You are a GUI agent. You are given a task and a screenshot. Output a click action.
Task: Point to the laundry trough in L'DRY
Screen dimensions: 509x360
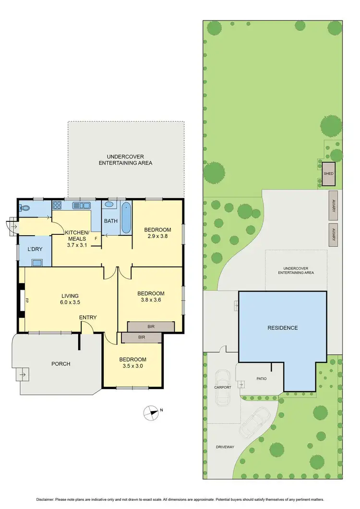pyautogui.click(x=36, y=262)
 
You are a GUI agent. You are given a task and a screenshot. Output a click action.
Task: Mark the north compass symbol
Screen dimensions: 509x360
pyautogui.click(x=151, y=411)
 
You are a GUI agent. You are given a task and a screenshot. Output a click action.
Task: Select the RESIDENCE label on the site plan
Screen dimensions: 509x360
pyautogui.click(x=283, y=328)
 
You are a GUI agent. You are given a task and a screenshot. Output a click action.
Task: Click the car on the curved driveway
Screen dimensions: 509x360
pyautogui.click(x=254, y=421)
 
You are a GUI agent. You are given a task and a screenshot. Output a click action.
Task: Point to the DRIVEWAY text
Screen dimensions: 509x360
pyautogui.click(x=225, y=447)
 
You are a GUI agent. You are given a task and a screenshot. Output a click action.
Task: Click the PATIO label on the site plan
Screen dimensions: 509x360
pyautogui.click(x=261, y=378)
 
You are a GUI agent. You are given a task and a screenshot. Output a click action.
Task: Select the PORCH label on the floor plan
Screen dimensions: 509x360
pyautogui.click(x=61, y=364)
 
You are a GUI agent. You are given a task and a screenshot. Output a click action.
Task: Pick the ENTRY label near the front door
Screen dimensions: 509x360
pyautogui.click(x=88, y=317)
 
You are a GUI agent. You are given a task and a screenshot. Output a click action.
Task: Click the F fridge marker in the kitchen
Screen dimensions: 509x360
pyautogui.click(x=96, y=238)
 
